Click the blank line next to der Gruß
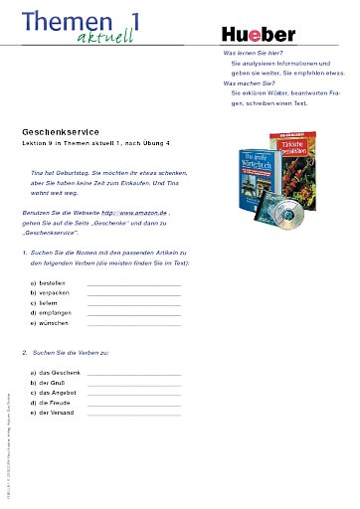click(x=133, y=383)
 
